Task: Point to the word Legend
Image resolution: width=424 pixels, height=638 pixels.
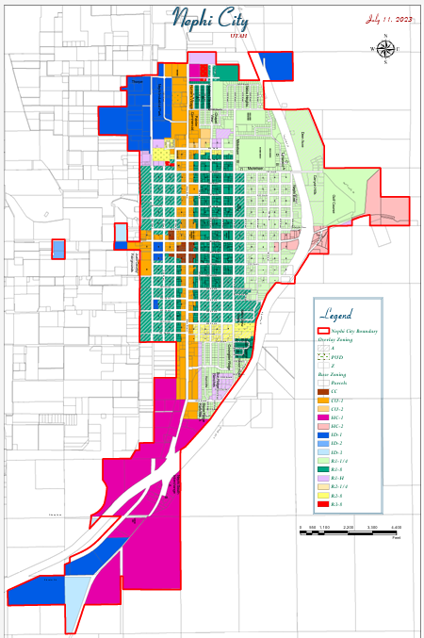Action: point(337,314)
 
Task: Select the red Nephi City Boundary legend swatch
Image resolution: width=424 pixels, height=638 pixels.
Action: point(323,332)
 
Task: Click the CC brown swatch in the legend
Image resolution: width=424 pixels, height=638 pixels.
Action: point(323,392)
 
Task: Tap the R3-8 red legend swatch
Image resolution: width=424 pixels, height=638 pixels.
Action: point(323,504)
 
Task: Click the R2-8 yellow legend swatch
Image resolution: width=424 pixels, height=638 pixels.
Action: point(323,495)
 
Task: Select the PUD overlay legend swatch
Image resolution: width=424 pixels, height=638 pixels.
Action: point(323,357)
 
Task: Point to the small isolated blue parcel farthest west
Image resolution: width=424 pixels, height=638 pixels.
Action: point(58,249)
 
